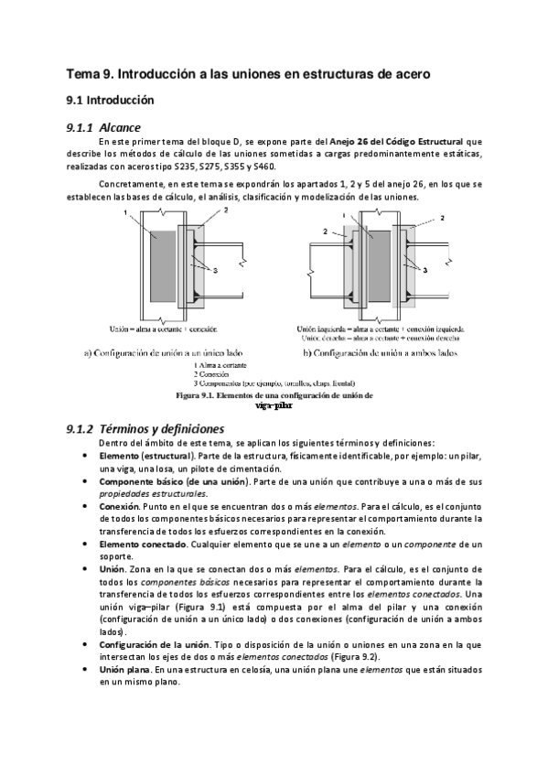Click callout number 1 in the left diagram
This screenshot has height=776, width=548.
point(124,212)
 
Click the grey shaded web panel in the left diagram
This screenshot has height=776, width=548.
point(164,261)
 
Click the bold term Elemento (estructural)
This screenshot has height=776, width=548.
point(145,455)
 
